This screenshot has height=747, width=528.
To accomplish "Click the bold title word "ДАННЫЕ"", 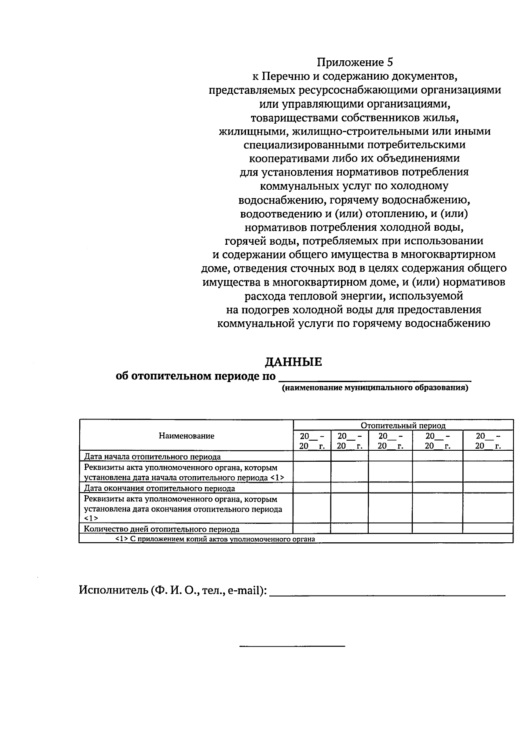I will click(293, 362).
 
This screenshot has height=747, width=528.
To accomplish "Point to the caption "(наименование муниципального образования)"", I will click(375, 388).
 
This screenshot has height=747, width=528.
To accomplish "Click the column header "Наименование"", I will click(187, 436).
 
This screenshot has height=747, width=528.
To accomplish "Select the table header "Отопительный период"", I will click(403, 425).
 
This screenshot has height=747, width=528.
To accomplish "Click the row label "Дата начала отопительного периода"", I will click(152, 456).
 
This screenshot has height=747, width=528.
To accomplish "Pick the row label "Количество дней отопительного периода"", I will click(161, 529).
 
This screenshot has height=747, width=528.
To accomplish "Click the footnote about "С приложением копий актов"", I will click(215, 539).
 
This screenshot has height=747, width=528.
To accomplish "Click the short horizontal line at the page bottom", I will click(292, 646).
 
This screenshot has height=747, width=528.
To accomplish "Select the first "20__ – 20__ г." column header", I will click(312, 441).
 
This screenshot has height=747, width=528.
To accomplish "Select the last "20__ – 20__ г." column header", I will click(488, 441).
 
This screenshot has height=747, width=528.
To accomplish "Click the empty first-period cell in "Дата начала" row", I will click(312, 456).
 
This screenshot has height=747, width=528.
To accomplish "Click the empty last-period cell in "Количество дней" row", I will click(488, 529).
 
